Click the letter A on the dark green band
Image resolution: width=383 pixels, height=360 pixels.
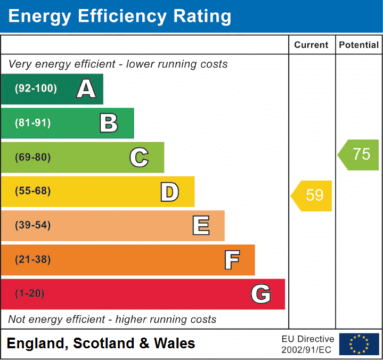point(86,89)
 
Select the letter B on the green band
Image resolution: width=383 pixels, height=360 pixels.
point(109,123)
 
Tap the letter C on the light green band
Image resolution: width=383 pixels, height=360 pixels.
point(139,157)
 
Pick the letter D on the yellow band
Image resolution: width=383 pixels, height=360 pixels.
point(169,192)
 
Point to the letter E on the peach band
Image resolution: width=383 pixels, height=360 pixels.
point(200,226)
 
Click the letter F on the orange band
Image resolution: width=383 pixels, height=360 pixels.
point(232,260)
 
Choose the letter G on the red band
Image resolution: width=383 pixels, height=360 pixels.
point(261,294)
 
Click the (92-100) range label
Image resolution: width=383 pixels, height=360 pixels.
point(36,89)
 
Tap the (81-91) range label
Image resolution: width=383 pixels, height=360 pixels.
point(33,123)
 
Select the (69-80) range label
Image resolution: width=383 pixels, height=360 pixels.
point(33,157)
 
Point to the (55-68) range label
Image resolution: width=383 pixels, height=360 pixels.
point(33,191)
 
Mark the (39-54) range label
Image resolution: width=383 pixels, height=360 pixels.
point(33,225)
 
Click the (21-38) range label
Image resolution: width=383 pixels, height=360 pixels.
point(33,260)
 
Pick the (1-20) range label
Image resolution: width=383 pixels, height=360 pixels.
point(30,294)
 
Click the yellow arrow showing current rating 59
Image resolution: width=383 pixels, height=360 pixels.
point(312,195)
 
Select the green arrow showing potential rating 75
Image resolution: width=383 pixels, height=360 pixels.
point(359,154)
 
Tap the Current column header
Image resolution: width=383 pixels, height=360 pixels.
point(312,45)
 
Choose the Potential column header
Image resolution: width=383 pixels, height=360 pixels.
point(359,45)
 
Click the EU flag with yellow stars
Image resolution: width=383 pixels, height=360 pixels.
point(359,344)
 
